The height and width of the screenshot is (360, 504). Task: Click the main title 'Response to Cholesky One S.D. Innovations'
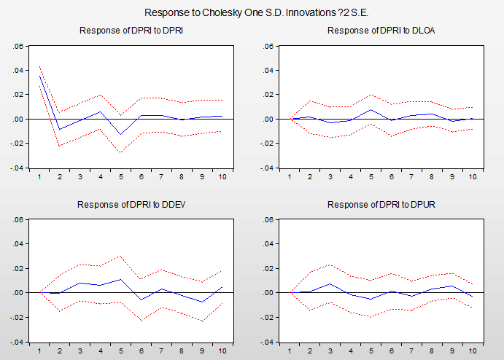click(x=252, y=12)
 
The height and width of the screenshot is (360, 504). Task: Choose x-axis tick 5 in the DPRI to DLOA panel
click(x=372, y=176)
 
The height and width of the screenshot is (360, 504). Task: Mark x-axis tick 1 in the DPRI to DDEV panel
click(x=39, y=349)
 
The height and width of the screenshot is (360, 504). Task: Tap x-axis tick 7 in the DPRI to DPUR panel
click(x=412, y=349)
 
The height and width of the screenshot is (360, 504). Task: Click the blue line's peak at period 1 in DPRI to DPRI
click(x=39, y=76)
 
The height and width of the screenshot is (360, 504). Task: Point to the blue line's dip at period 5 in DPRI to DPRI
click(x=120, y=134)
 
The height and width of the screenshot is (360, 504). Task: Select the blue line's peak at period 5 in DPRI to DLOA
click(x=372, y=109)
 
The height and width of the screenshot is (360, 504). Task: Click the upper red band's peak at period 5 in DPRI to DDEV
click(x=120, y=256)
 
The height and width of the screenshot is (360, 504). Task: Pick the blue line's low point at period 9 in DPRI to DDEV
click(x=201, y=302)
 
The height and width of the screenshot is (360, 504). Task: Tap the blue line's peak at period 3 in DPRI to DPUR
click(x=331, y=283)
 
